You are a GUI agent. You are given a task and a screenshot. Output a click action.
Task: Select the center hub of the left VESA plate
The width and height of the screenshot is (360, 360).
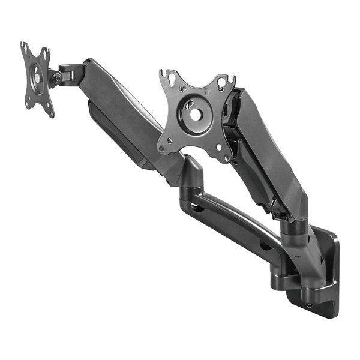pyautogui.click(x=37, y=76)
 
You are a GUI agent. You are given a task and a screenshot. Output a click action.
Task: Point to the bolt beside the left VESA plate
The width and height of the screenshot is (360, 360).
pyautogui.click(x=57, y=78)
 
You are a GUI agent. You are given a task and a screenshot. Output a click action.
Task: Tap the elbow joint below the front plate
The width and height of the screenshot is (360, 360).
pyautogui.click(x=193, y=174)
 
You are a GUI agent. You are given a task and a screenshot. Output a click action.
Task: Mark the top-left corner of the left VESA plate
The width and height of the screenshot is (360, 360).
pyautogui.click(x=24, y=46)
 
